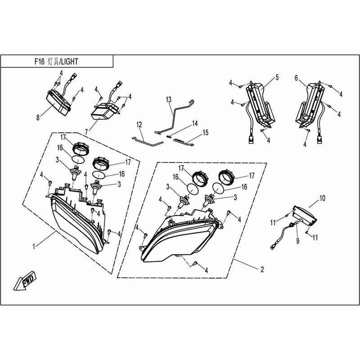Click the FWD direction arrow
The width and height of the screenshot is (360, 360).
pyautogui.click(x=25, y=281)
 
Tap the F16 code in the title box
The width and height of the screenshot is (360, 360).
pyautogui.click(x=40, y=62)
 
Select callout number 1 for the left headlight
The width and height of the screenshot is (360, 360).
pyautogui.click(x=34, y=247)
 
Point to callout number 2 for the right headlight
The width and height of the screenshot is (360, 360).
pyautogui.click(x=262, y=269)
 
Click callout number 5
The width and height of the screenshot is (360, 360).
pyautogui.click(x=277, y=77)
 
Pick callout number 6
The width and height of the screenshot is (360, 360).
pyautogui.click(x=296, y=78)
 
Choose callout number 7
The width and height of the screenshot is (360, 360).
pyautogui.click(x=86, y=132)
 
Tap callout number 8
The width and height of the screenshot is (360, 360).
pyautogui.click(x=38, y=117)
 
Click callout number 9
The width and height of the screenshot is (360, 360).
pyautogui.click(x=298, y=241)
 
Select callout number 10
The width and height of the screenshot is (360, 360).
pyautogui.click(x=322, y=198)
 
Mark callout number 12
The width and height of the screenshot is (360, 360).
pyautogui.click(x=139, y=125)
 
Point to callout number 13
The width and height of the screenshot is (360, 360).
pyautogui.click(x=168, y=99)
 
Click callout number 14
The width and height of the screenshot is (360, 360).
pyautogui.click(x=195, y=123)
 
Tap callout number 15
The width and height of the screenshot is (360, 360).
pyautogui.click(x=206, y=132)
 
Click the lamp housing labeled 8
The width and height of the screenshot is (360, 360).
pyautogui.click(x=58, y=103)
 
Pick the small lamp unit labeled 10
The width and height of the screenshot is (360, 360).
pyautogui.click(x=304, y=215)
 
